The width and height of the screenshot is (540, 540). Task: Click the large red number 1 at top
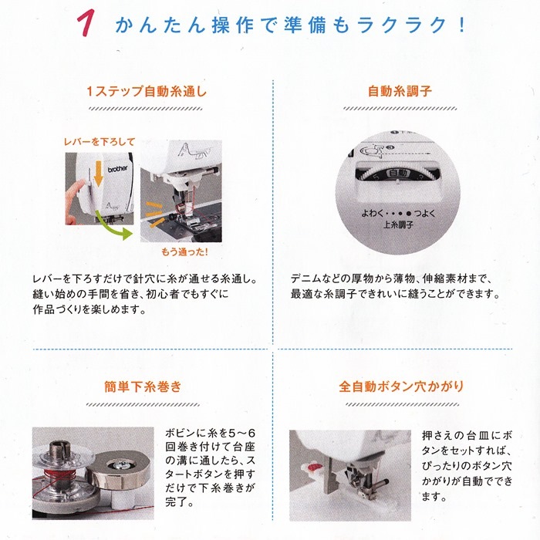pos(86,23)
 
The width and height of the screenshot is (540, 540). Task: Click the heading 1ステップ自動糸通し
pos(147,91)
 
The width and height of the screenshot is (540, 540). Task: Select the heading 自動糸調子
pos(400,91)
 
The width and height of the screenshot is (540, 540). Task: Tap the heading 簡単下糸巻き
pos(143,386)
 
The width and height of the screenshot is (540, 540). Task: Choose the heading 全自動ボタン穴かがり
pos(402,386)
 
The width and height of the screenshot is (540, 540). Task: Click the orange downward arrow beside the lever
pos(99,174)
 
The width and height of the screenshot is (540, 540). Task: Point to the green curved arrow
pos(113,225)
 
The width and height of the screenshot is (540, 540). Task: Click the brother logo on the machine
pos(117,169)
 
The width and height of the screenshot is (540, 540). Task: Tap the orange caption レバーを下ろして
pos(100,141)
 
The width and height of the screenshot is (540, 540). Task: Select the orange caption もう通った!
pos(184,252)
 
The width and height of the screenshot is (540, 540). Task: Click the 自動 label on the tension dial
pos(398,173)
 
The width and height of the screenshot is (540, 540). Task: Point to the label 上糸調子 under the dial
pos(398,225)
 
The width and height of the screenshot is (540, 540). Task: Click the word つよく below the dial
pos(425,214)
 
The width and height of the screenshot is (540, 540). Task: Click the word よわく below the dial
pos(372,214)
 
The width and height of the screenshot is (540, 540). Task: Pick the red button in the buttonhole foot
pos(313,467)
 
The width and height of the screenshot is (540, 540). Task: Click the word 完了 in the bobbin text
pos(175,501)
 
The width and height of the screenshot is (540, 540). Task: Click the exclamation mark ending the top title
pos(463,25)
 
